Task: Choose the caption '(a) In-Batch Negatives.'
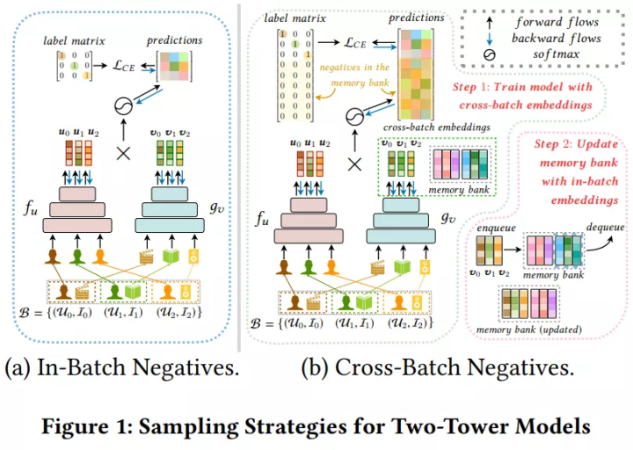pyautogui.click(x=122, y=368)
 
